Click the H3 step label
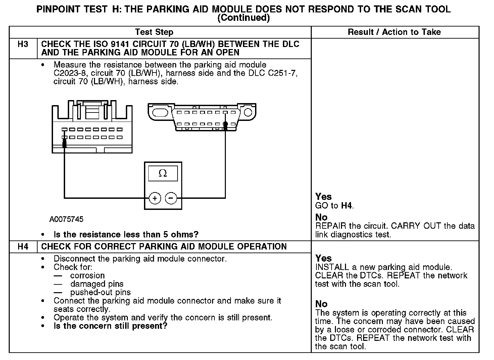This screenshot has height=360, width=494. coord(23,44)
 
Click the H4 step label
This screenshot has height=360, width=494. coord(23,247)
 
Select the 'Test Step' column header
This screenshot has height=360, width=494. coord(154,32)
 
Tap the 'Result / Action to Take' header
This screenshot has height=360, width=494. coord(394,32)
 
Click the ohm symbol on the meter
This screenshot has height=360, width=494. coord(163,174)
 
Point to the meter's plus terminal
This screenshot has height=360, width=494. coord(155,198)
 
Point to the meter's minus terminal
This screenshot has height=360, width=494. coord(171,198)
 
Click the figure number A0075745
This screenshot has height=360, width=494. coord(66,220)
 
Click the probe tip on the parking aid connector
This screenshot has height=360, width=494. coord(64,144)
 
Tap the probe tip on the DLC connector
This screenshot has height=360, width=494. coord(226,126)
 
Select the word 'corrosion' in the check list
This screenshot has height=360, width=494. coord(87,276)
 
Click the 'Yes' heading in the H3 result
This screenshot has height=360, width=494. coord(324,197)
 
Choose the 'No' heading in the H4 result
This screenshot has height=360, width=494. coord(321,304)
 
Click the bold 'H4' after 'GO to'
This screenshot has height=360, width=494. coord(347,206)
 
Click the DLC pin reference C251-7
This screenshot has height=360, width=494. coord(282,73)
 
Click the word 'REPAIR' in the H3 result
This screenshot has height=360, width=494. coord(331,226)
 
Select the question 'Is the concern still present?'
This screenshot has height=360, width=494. coord(110,326)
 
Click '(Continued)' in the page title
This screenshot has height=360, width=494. coord(244,18)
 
